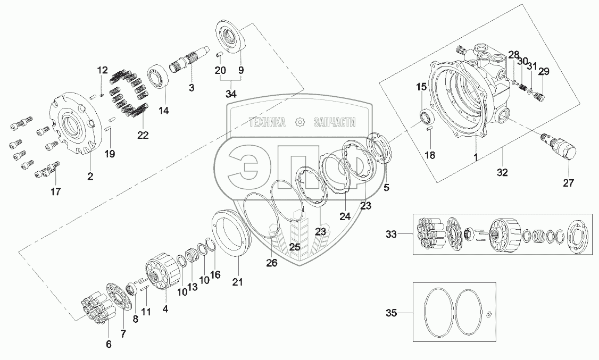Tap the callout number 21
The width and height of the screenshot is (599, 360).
pyautogui.click(x=238, y=282)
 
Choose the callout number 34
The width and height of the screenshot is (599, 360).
pyautogui.click(x=231, y=95)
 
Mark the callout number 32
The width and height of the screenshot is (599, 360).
pyautogui.click(x=502, y=172)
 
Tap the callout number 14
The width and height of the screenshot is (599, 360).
pyautogui.click(x=163, y=111)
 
